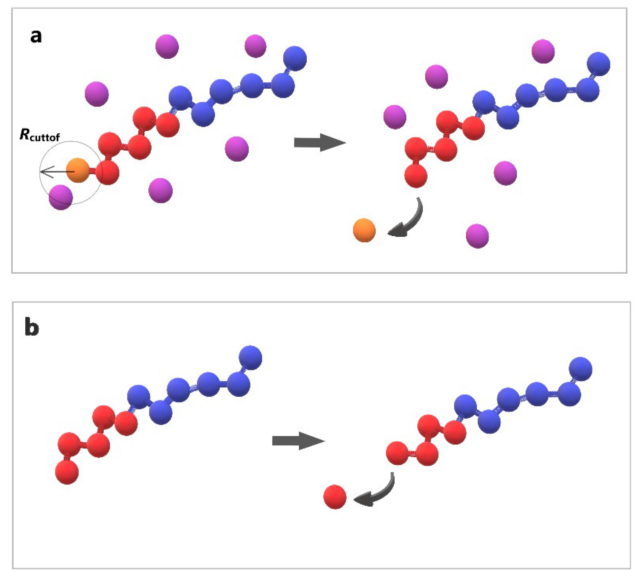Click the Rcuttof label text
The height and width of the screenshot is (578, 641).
[x=40, y=135]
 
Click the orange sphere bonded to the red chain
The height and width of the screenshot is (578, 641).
[x=78, y=170]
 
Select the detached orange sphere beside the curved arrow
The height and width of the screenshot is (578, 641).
[x=364, y=230]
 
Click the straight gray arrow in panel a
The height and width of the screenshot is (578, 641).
[x=319, y=143]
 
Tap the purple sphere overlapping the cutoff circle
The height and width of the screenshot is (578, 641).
[x=61, y=197]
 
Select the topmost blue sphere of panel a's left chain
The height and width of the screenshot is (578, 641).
[x=295, y=59]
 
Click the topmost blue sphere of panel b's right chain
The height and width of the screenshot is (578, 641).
[x=580, y=369]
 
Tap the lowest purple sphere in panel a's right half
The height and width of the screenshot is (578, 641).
[x=477, y=236]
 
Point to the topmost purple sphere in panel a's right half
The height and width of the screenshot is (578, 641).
[x=543, y=51]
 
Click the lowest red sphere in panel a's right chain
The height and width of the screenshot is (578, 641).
[x=416, y=176]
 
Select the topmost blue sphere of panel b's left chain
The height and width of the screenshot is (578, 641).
[x=250, y=358]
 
